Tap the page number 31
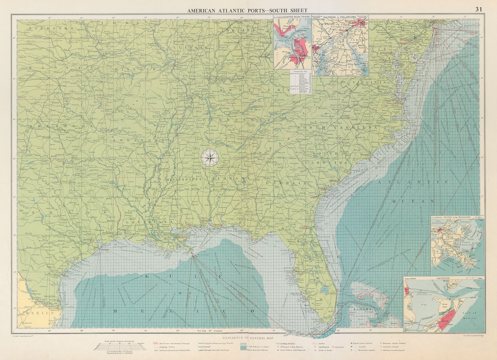(x=479, y=9)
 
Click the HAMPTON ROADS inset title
(x=293, y=18)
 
